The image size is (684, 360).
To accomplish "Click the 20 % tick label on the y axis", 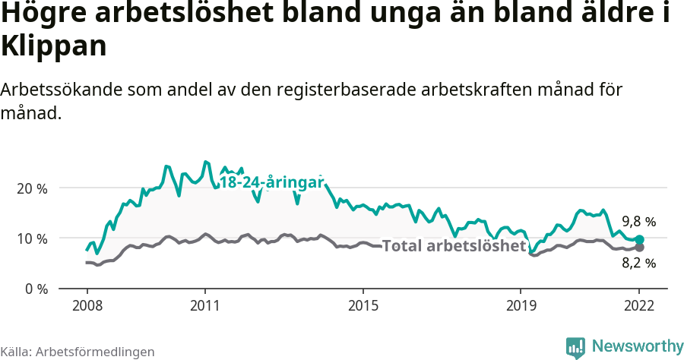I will [x=32, y=188].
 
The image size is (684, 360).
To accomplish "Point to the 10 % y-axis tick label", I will [x=32, y=238].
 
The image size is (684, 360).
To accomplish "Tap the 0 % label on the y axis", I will [x=35, y=289].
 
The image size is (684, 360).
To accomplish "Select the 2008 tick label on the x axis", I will [x=87, y=305].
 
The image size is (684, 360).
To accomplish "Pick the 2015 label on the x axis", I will [x=363, y=305].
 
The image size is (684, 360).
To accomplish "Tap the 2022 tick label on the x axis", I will [x=639, y=305].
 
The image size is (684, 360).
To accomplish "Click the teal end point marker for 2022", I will [x=640, y=239].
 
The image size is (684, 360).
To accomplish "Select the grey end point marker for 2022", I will [x=640, y=248].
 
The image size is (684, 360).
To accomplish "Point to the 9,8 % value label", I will [x=638, y=222].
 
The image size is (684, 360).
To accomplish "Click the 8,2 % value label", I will [x=638, y=264].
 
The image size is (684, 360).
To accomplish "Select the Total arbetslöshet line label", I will [x=454, y=246].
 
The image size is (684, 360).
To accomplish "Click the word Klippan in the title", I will [x=52, y=46].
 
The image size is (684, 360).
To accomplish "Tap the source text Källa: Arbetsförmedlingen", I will [x=78, y=352].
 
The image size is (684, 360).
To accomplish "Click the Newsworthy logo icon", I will [x=575, y=347].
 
